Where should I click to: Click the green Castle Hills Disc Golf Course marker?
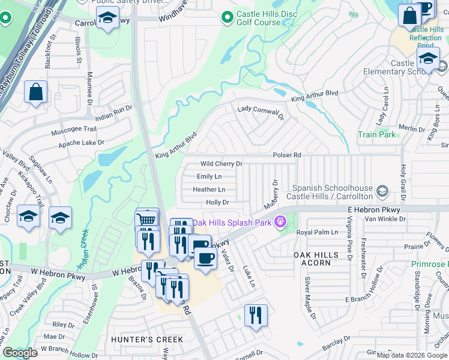coord(227,18)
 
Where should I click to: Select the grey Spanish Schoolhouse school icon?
coord(381,193)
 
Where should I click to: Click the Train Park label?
coord(376,135)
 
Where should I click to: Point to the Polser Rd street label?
coord(286,155)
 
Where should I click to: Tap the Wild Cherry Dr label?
coord(221,164)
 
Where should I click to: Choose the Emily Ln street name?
coord(209,176)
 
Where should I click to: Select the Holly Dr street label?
coord(217,203)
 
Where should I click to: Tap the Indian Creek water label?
coord(83,247)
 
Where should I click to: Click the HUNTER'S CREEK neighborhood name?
coord(147,340)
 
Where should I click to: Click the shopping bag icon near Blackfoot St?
coord(36,93)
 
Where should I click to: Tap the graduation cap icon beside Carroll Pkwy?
coord(107,19)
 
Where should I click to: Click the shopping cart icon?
coord(147,220)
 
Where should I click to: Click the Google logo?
coord(20,353)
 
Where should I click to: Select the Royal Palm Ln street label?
coord(322,232)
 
